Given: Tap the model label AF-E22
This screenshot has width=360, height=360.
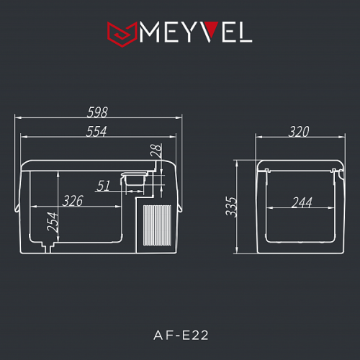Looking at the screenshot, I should coord(180,333).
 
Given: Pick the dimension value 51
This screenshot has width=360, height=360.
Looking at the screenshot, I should coord(103,186).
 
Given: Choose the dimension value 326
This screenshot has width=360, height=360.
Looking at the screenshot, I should coord(73,201).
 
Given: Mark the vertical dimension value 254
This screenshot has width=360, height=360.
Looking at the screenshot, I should coord(52,222).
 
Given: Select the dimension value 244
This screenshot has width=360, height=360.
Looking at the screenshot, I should coord(302,202).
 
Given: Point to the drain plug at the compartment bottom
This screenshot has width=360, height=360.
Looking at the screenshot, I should coord(50,247).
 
